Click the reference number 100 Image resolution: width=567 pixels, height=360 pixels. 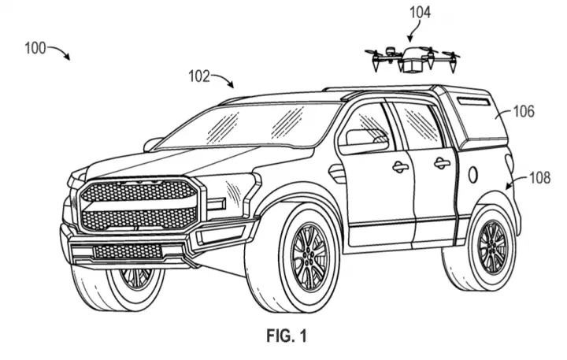point(35,48)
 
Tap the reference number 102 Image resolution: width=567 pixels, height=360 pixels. point(199,76)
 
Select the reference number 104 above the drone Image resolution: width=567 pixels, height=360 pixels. point(420,13)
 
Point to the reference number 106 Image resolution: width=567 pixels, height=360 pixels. point(524,111)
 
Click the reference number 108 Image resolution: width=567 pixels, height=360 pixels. point(540,178)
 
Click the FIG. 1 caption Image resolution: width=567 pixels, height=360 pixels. point(287,336)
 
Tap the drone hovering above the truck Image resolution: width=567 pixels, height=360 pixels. point(412,59)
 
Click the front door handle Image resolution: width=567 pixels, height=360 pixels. point(400,167)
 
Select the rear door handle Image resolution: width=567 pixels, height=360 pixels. point(442,164)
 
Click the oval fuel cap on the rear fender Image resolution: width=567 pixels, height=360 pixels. point(473,175)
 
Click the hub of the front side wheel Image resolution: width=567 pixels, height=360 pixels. point(309,258)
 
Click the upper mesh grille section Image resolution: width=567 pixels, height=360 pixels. point(139,191)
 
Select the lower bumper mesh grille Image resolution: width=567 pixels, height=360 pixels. point(128,251)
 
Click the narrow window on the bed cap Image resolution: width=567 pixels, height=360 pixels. point(473,102)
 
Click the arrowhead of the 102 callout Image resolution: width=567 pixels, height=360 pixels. point(232,85)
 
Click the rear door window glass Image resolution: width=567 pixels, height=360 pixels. point(420,124)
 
